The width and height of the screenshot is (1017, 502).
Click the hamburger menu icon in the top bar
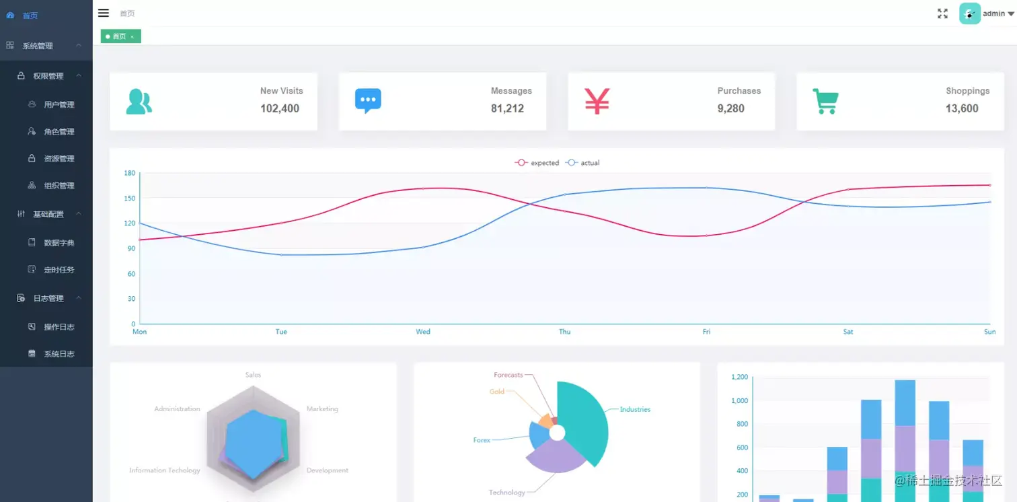(x=104, y=13)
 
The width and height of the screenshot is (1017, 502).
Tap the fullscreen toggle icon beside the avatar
(x=942, y=13)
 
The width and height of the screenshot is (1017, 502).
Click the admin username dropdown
(x=998, y=13)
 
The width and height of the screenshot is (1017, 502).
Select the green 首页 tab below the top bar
(x=120, y=36)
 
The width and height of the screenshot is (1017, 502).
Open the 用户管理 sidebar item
(x=59, y=105)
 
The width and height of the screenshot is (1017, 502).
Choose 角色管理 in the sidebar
(x=59, y=132)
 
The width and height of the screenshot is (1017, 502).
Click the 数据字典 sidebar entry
(x=59, y=243)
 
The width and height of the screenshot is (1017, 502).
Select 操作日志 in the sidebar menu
(x=59, y=327)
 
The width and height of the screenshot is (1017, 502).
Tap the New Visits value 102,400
(x=280, y=108)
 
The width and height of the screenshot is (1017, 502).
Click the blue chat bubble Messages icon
(x=368, y=101)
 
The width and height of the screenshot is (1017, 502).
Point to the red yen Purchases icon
(x=597, y=101)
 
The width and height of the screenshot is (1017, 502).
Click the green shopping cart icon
(x=825, y=101)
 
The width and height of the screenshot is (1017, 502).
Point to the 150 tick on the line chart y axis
(x=129, y=199)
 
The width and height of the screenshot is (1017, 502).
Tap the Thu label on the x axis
(x=565, y=332)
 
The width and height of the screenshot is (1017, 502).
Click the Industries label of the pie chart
(x=635, y=409)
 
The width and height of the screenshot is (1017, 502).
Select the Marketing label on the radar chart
(x=322, y=409)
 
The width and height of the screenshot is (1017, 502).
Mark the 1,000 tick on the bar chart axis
(x=739, y=401)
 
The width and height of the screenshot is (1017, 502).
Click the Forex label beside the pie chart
(x=482, y=440)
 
